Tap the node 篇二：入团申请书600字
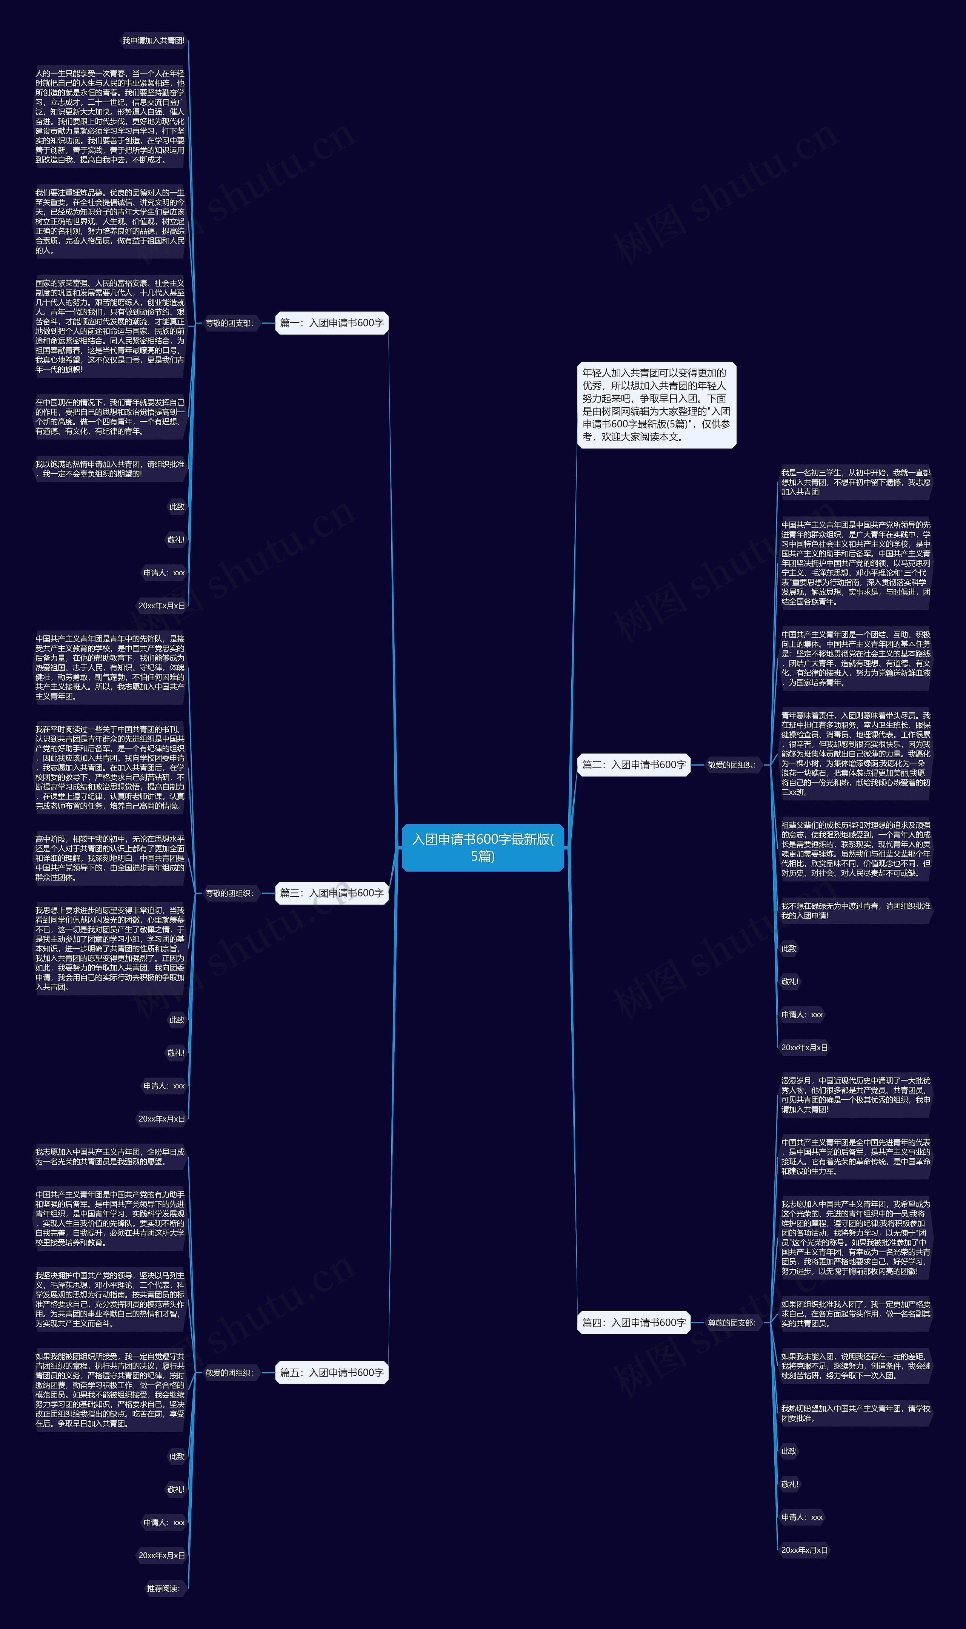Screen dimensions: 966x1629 (633, 764)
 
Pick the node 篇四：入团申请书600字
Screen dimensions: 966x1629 (633, 1322)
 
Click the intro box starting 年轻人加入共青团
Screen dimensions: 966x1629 (656, 405)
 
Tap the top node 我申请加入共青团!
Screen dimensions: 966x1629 (154, 40)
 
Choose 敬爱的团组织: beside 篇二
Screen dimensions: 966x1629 (732, 765)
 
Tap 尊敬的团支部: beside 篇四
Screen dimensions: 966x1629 (732, 1323)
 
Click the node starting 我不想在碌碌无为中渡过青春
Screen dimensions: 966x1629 (855, 910)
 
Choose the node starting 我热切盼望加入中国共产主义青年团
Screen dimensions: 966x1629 (855, 1413)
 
